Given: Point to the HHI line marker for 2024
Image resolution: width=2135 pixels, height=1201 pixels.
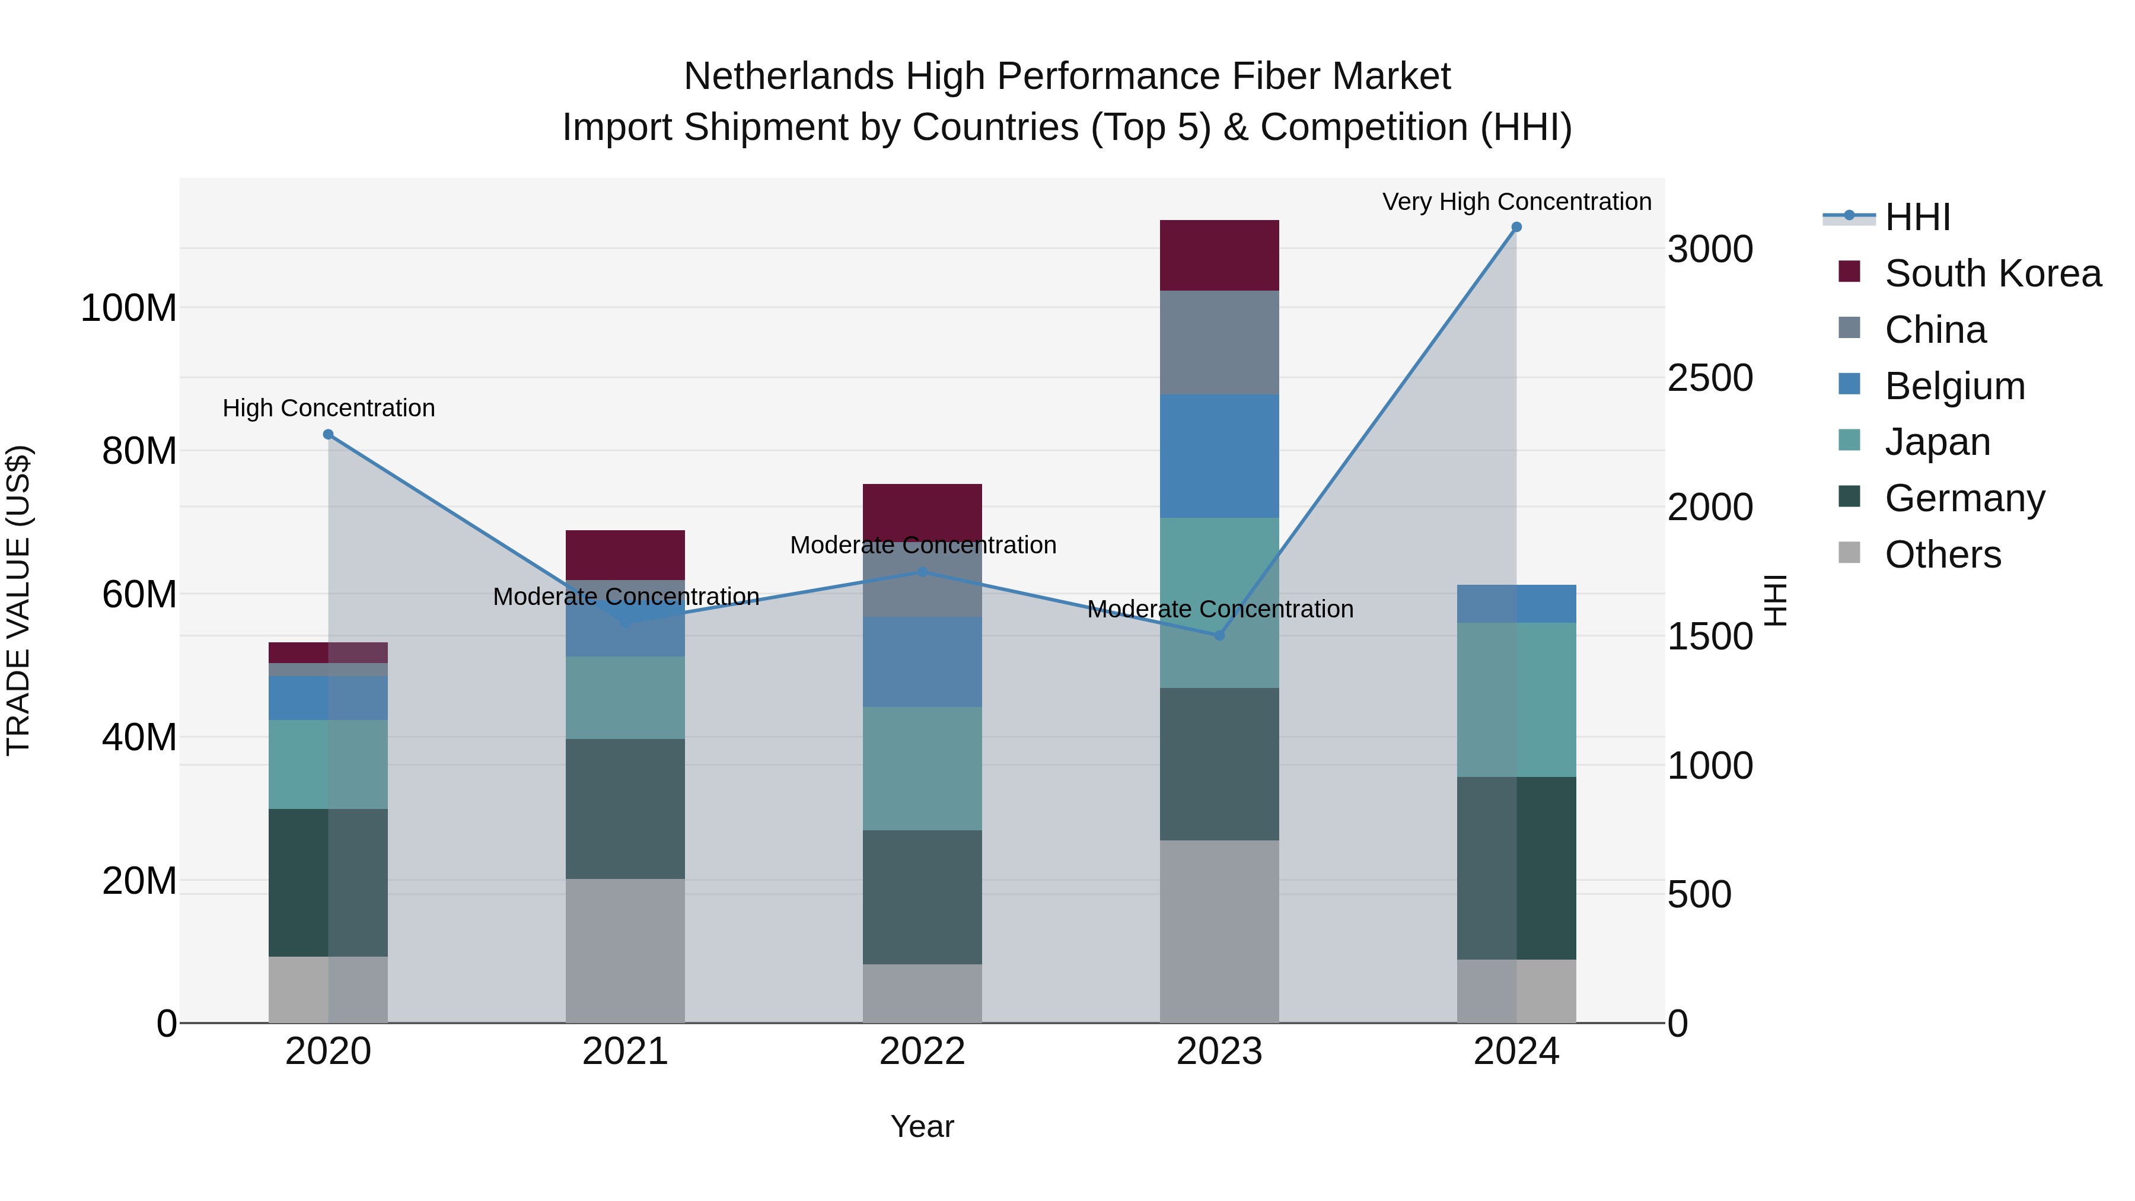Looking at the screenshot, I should (1516, 227).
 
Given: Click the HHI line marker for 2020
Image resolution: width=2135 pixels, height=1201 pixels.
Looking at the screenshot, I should (328, 434).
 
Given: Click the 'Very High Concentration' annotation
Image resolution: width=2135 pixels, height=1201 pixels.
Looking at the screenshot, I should (1516, 202).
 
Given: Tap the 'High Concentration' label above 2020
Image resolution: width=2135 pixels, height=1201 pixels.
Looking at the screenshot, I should (328, 408).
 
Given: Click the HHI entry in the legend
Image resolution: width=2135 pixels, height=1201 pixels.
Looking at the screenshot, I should (1916, 217).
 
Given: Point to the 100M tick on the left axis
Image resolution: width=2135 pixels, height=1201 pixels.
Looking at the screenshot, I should (129, 308).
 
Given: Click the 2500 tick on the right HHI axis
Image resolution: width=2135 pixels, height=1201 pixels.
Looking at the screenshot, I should (1709, 378).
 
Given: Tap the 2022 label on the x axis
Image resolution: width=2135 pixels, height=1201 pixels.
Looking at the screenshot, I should (922, 1052).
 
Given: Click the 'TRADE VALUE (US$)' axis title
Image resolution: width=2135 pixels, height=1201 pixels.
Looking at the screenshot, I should (18, 600).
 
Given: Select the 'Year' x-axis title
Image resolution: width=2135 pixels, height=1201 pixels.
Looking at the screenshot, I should (922, 1126).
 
